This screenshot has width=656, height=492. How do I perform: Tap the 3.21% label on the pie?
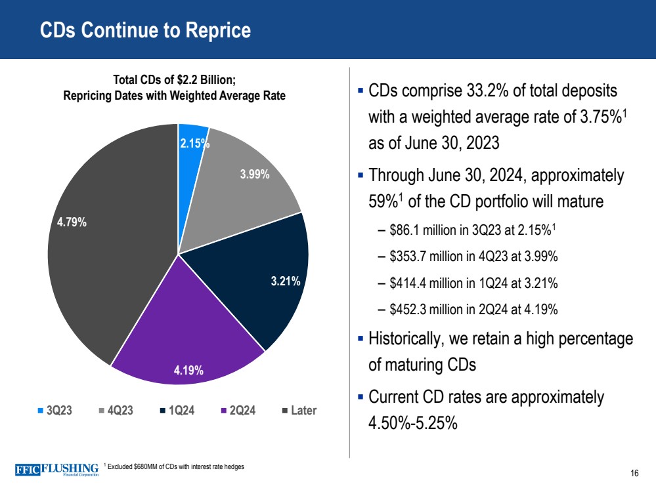coord(286,282)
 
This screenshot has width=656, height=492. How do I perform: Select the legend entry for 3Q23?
coord(55,411)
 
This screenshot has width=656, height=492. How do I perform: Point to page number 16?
coord(634,474)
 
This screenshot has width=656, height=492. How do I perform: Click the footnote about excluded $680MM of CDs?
coord(174,466)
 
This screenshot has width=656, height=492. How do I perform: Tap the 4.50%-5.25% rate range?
coord(413,422)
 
